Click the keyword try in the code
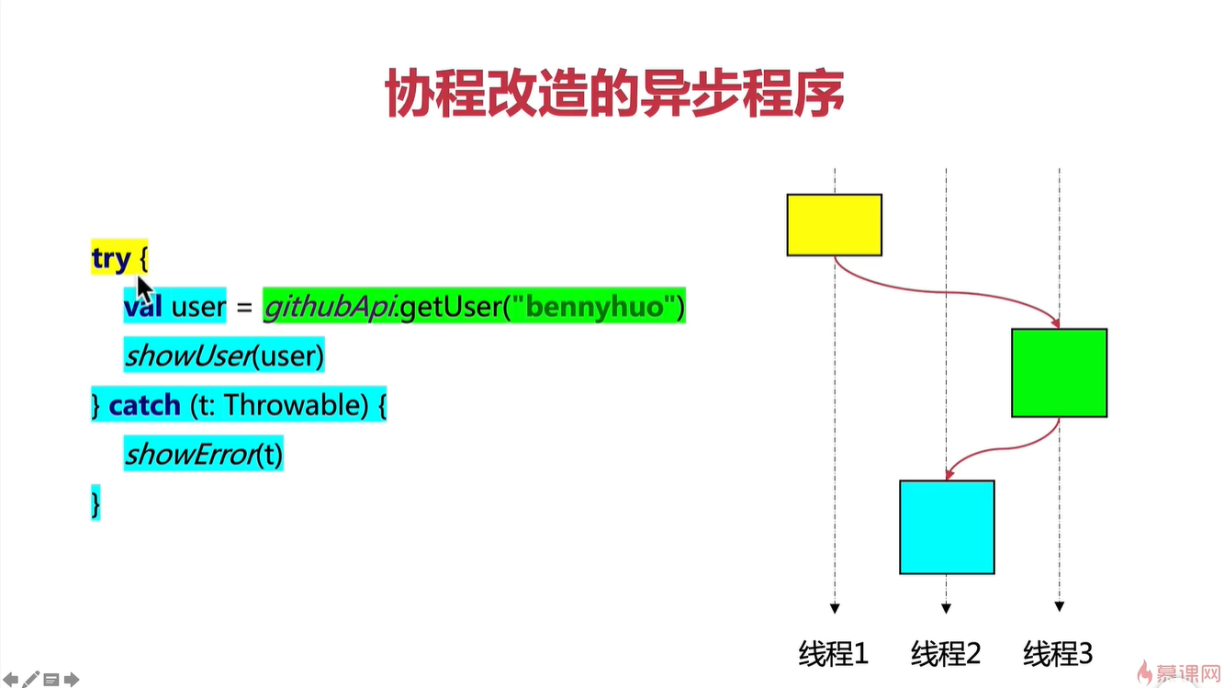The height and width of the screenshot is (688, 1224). coord(111,259)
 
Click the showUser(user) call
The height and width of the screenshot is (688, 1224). coord(224,355)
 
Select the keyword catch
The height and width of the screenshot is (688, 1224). coord(144,404)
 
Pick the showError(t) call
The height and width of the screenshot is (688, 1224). coord(203,454)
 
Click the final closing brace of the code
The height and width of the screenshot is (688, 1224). coord(95,502)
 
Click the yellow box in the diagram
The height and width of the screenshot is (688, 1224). coord(834,224)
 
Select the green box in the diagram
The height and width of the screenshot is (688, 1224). coord(1059,372)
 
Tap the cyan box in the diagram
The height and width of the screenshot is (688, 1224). coord(947,526)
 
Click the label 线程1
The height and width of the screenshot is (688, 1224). coord(833,654)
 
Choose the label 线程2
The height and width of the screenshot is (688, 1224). coord(946,654)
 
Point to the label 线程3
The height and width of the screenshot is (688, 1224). coord(1058,654)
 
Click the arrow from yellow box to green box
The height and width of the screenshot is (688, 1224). coord(955,293)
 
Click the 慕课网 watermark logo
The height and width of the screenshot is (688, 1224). coord(1179,672)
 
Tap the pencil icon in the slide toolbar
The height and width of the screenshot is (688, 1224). coord(32,680)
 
